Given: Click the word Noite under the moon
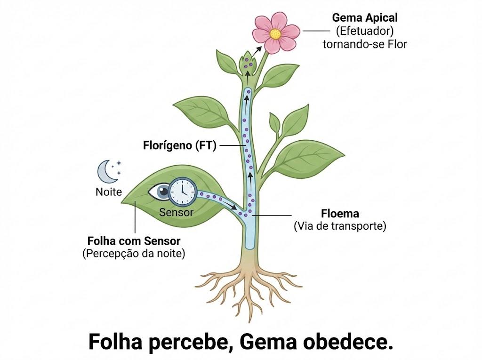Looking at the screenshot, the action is [109, 192].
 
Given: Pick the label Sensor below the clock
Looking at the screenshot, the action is [176, 212].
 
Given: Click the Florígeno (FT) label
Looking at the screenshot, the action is [180, 145].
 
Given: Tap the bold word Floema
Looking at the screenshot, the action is [340, 213].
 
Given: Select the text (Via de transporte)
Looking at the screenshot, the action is [340, 226].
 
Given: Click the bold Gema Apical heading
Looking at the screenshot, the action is [365, 17].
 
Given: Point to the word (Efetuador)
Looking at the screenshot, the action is [365, 31].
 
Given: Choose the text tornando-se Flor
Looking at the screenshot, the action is [365, 44].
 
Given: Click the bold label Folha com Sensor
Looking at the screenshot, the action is [134, 241].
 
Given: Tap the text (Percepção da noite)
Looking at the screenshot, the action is [134, 254].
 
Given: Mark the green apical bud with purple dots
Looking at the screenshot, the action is [248, 64].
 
